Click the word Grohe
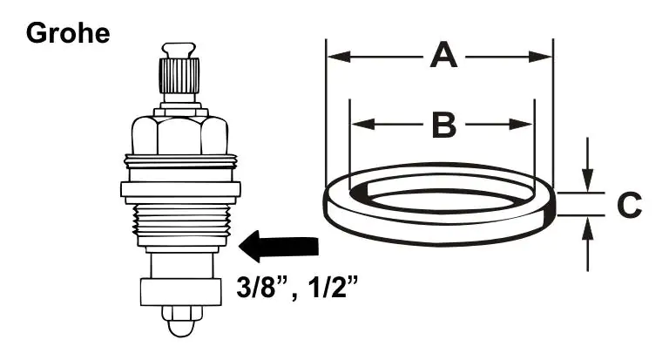pos(68,34)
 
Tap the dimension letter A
pos(443,57)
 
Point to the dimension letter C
pos(629,206)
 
